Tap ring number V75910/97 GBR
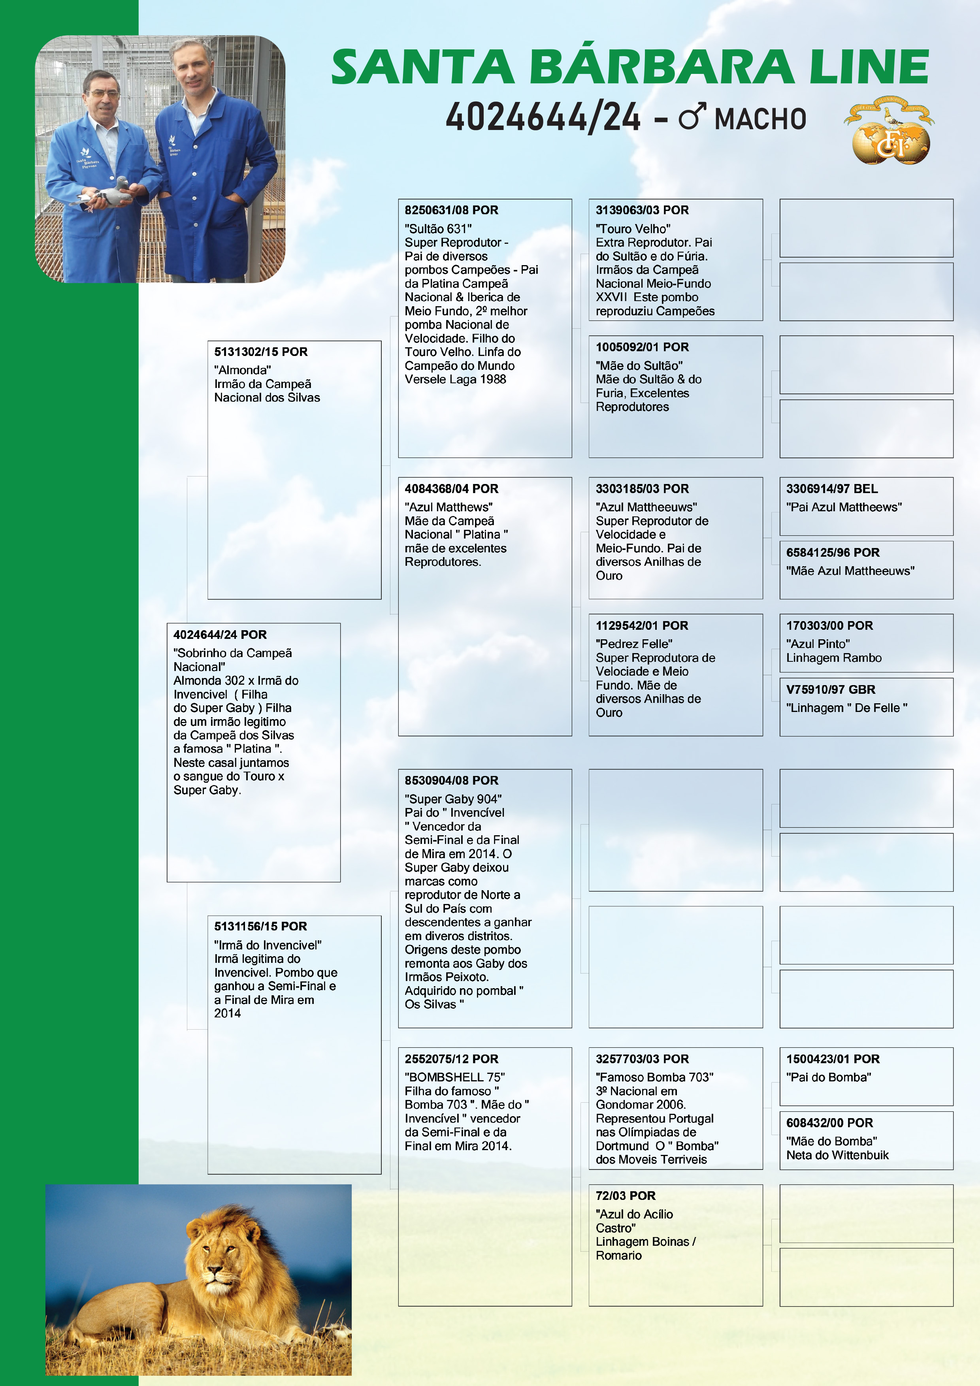pos(830,689)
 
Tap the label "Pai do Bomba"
pos(828,1077)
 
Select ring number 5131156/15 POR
pos(260,926)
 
